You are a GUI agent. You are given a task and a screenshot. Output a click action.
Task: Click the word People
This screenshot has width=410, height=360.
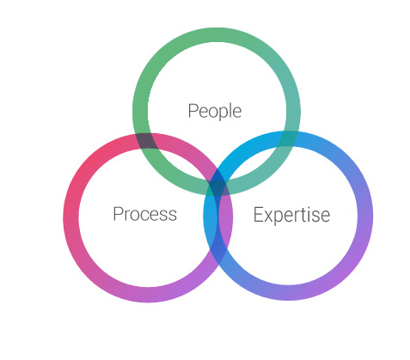[x=215, y=111]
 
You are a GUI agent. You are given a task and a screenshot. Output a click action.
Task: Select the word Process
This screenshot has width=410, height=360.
[x=145, y=214]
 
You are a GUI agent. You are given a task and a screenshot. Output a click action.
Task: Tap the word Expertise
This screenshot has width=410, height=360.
[x=291, y=215]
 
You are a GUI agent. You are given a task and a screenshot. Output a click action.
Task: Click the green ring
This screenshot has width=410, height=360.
[x=140, y=112]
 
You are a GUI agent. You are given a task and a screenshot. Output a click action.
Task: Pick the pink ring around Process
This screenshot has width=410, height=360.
[x=70, y=217]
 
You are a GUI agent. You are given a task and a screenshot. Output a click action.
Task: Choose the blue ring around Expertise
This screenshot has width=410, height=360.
[x=365, y=216]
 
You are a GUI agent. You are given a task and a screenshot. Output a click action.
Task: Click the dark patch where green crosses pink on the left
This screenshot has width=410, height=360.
[x=146, y=141]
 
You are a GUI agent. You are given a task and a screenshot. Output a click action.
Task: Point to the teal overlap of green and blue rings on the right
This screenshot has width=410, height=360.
[x=288, y=138]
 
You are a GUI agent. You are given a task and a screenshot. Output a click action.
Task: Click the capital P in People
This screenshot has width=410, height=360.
[x=193, y=111]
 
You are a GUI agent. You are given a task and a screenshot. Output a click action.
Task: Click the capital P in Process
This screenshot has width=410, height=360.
[x=119, y=214]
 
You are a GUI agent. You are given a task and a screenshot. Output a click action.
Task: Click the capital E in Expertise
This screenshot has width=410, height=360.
[x=259, y=214]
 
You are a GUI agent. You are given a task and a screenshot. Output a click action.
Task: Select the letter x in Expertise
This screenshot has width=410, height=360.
[x=269, y=217]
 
